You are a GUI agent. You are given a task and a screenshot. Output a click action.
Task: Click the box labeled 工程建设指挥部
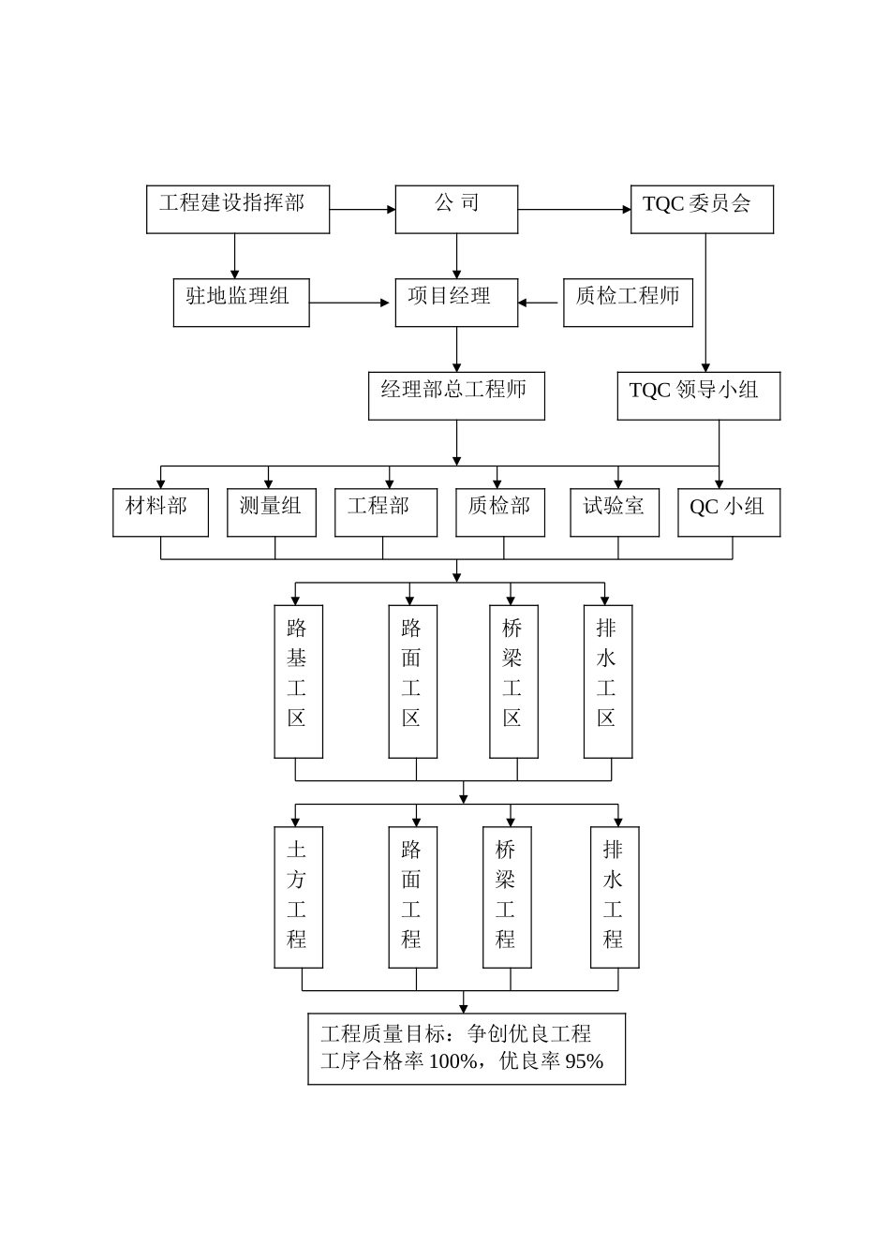[x=238, y=209]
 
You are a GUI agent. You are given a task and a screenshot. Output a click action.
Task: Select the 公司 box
[x=456, y=209]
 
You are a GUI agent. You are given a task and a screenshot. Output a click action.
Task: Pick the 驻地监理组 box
[x=241, y=302]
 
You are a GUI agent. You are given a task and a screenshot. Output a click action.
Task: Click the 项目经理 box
[x=456, y=302]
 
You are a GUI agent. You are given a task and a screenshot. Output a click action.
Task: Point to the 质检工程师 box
[x=628, y=302]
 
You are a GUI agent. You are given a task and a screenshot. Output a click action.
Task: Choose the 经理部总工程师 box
[x=456, y=395]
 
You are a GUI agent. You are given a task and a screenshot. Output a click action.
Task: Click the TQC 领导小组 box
[x=698, y=395]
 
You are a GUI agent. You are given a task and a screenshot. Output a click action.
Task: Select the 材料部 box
[x=160, y=512]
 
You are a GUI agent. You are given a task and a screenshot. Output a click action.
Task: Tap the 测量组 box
[x=272, y=512]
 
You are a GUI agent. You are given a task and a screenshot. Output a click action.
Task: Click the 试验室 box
[x=615, y=512]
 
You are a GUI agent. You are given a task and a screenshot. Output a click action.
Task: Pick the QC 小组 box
[x=729, y=512]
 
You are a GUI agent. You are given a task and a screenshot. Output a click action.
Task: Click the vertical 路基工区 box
[x=298, y=681]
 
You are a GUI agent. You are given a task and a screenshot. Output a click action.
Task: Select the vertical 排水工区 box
[x=607, y=681]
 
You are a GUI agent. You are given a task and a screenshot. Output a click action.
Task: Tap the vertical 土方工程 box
[x=298, y=896]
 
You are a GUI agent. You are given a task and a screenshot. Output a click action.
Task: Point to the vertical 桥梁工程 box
[x=507, y=896]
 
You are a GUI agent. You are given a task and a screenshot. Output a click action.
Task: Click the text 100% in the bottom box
[x=454, y=1061]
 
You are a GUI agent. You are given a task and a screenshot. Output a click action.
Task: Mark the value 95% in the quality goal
[x=585, y=1061]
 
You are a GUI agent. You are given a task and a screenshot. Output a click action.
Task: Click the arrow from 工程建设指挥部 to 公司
[x=363, y=209]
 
